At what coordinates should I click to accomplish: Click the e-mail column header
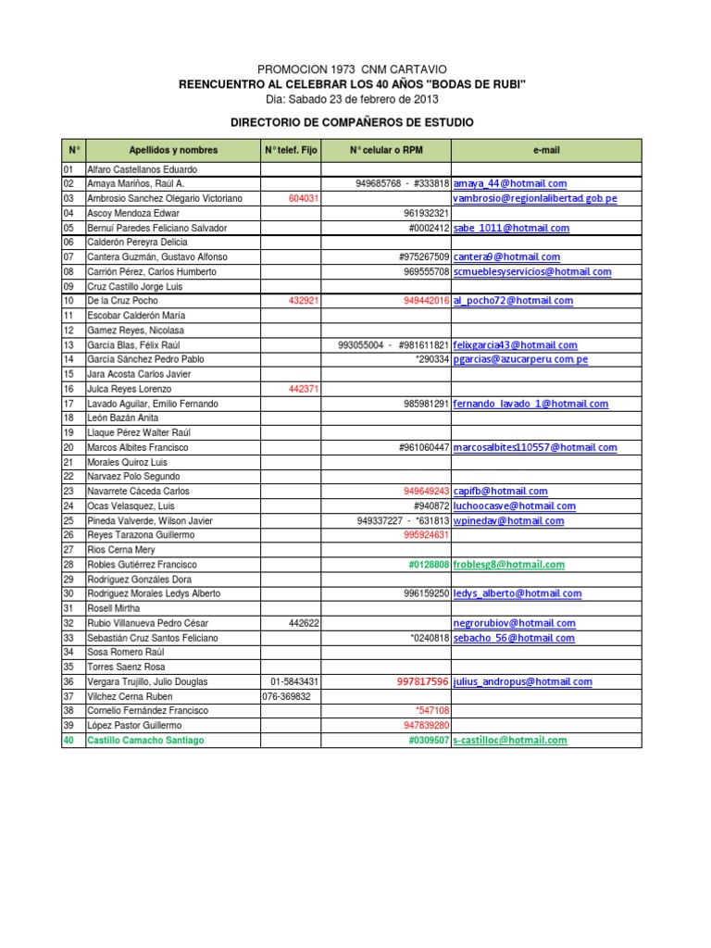tap(546, 150)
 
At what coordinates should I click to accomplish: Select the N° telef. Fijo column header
tap(291, 150)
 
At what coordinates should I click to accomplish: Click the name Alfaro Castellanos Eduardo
tap(142, 170)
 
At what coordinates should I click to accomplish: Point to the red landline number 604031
tap(304, 199)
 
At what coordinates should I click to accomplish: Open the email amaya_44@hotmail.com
tap(510, 184)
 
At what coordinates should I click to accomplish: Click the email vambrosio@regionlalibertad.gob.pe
tap(535, 199)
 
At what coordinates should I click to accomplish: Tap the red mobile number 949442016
tap(427, 301)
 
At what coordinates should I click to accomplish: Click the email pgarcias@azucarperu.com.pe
tap(521, 359)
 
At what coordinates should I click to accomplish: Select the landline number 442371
tap(304, 390)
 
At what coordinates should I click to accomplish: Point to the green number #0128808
tap(429, 565)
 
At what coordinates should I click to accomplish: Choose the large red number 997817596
tap(423, 682)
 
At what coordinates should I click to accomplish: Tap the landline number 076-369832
tap(287, 697)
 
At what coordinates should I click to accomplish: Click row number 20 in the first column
tap(69, 448)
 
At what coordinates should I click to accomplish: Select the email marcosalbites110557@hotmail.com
tap(535, 448)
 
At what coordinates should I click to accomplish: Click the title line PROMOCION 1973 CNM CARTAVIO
tap(352, 69)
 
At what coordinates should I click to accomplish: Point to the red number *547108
tap(433, 711)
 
